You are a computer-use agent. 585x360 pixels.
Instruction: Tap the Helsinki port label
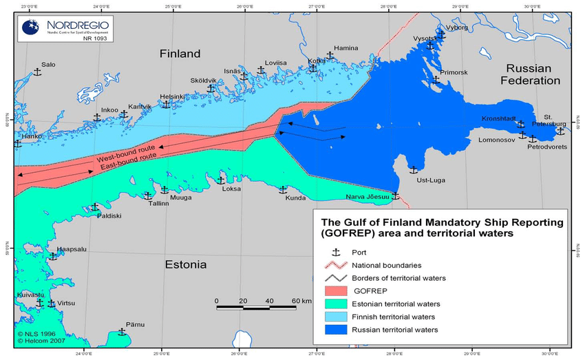pyautogui.click(x=171, y=96)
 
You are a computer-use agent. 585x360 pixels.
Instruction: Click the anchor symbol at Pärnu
pyautogui.click(x=122, y=332)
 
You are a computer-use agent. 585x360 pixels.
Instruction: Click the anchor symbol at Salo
pyautogui.click(x=38, y=72)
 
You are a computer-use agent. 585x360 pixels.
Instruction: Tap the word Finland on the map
pyautogui.click(x=180, y=54)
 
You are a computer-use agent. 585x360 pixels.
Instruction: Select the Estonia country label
pyautogui.click(x=185, y=264)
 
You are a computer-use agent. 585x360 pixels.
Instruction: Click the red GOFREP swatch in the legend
pyautogui.click(x=336, y=291)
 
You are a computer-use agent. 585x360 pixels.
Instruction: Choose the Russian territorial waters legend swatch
pyautogui.click(x=336, y=330)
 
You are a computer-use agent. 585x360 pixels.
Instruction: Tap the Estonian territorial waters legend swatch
pyautogui.click(x=336, y=304)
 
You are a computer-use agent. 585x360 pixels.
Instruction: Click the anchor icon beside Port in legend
pyautogui.click(x=336, y=253)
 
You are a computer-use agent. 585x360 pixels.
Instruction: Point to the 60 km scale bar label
pyautogui.click(x=301, y=301)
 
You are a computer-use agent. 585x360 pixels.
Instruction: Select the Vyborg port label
pyautogui.click(x=457, y=28)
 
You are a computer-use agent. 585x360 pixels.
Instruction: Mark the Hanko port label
pyautogui.click(x=32, y=136)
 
